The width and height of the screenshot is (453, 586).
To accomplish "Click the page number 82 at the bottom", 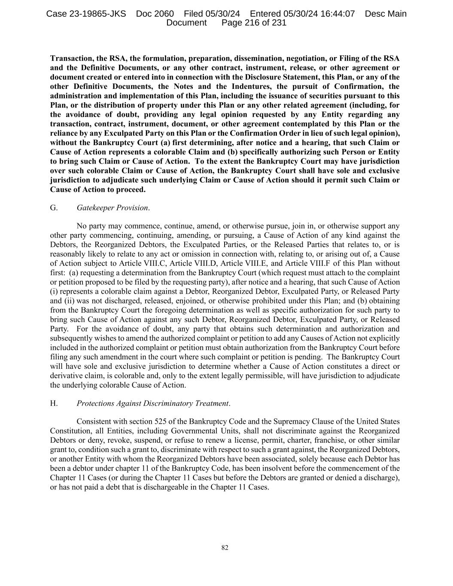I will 225,547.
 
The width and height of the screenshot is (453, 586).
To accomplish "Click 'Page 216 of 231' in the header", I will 254,23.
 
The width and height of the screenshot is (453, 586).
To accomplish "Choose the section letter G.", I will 54,208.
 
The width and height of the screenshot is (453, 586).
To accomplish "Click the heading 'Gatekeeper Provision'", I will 112,208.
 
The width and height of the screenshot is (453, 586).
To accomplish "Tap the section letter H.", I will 54,403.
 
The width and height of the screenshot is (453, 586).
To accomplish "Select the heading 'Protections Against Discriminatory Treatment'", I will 152,403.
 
